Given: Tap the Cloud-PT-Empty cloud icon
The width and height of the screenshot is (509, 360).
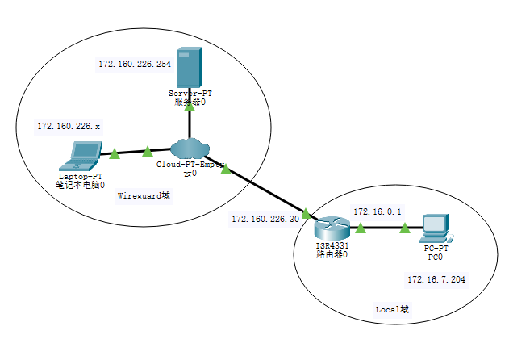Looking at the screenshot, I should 190,149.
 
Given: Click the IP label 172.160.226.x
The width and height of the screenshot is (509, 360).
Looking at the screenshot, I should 69,127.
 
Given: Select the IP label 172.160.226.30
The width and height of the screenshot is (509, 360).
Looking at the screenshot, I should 265,219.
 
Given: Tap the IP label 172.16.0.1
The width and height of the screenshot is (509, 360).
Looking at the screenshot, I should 377,211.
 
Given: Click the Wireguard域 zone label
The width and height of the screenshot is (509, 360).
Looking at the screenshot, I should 144,195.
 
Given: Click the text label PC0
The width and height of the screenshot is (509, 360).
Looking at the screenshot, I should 436,257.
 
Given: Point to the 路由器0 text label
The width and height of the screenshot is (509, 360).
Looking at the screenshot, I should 332,253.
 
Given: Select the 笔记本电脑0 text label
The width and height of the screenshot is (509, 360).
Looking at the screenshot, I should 81,185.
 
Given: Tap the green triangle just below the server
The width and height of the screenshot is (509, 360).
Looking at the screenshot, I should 190,106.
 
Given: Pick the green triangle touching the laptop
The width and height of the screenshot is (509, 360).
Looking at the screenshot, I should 114,152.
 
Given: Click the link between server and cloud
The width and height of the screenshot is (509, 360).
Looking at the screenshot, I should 190,123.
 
